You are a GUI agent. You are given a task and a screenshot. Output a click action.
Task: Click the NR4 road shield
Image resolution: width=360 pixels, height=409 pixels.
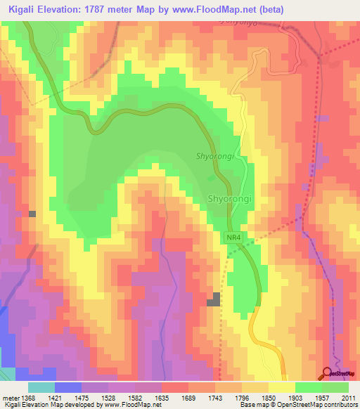234,239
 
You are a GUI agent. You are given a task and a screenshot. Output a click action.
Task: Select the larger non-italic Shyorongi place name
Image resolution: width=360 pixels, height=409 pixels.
229,199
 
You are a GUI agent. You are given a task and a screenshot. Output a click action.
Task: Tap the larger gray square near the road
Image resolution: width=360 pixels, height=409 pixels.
213,299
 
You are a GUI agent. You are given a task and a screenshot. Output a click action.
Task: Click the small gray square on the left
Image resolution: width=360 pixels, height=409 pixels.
32,213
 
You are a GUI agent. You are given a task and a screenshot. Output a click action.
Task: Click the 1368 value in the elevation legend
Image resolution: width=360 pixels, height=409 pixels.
27,397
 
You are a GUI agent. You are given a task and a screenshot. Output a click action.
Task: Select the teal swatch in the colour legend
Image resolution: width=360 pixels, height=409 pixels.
41,387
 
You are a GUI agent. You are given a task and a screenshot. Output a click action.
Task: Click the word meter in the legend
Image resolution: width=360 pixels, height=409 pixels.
9,397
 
